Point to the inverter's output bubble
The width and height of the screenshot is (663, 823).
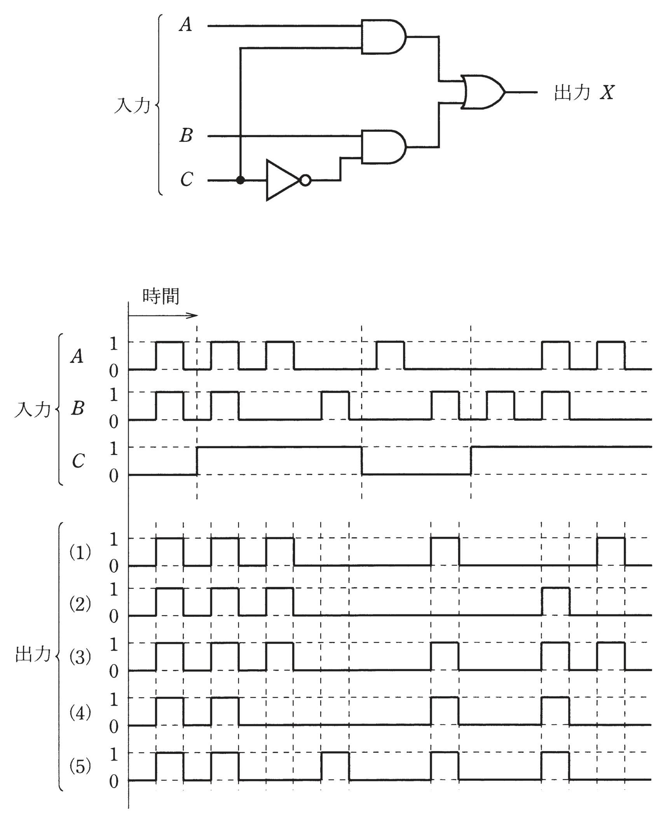pos(306,180)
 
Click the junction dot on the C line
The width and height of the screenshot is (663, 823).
pos(241,180)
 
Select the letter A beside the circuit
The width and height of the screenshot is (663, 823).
pos(186,25)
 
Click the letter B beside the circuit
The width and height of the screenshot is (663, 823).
pos(186,136)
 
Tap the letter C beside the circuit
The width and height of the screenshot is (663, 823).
pos(187,179)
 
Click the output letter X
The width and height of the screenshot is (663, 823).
pos(607,93)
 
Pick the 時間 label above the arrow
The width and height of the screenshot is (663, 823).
pos(161,296)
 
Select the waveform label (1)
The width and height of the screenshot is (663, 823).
pos(80,552)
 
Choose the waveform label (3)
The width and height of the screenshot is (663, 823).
pos(80,657)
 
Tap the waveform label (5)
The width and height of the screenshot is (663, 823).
pos(80,766)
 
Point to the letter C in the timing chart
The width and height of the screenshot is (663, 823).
pos(79,461)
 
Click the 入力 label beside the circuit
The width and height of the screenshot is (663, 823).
pos(132,105)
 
